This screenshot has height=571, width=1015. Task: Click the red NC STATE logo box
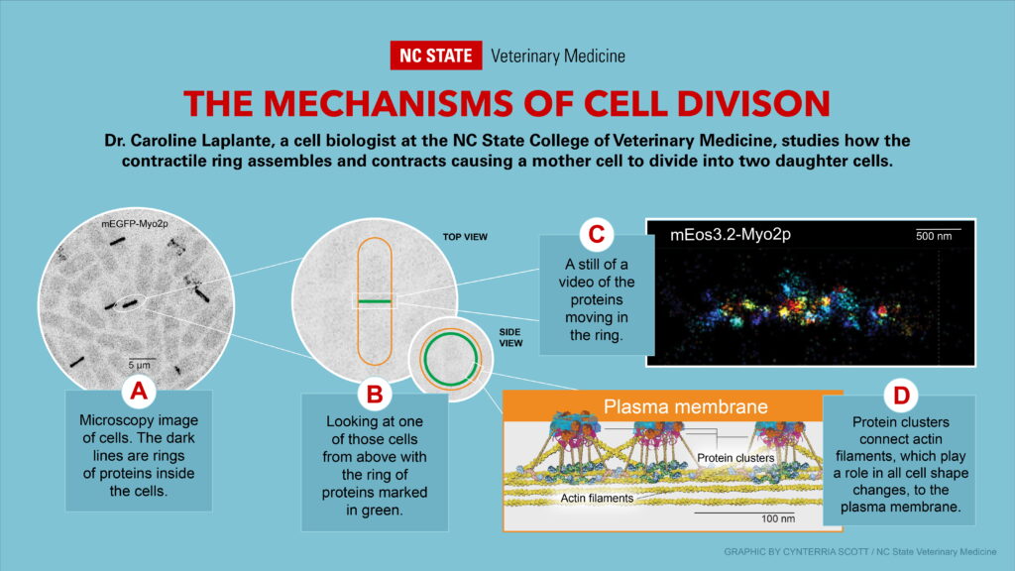[x=436, y=56]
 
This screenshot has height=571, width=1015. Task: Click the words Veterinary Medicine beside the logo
[x=557, y=57]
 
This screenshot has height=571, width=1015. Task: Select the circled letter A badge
[x=139, y=391]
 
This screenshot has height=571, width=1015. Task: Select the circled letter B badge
[x=375, y=393]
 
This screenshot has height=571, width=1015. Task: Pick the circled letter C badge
[x=596, y=234]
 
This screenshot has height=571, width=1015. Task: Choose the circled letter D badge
[x=901, y=395]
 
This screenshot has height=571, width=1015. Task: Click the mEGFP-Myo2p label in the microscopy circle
[x=135, y=224]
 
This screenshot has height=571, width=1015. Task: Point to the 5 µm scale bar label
[x=139, y=366]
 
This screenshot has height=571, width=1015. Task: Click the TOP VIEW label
[x=465, y=237]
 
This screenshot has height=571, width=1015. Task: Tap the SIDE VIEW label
[x=510, y=337]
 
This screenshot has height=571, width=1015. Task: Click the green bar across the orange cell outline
[x=375, y=301]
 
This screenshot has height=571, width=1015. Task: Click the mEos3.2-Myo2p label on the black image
[x=731, y=234]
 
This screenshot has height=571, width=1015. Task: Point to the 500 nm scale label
[x=934, y=236]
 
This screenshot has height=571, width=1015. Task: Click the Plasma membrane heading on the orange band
[x=686, y=406]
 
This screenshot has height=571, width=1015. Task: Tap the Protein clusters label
[x=735, y=458]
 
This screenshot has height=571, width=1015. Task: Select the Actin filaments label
[x=597, y=498]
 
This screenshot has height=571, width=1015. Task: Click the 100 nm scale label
[x=777, y=518]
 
